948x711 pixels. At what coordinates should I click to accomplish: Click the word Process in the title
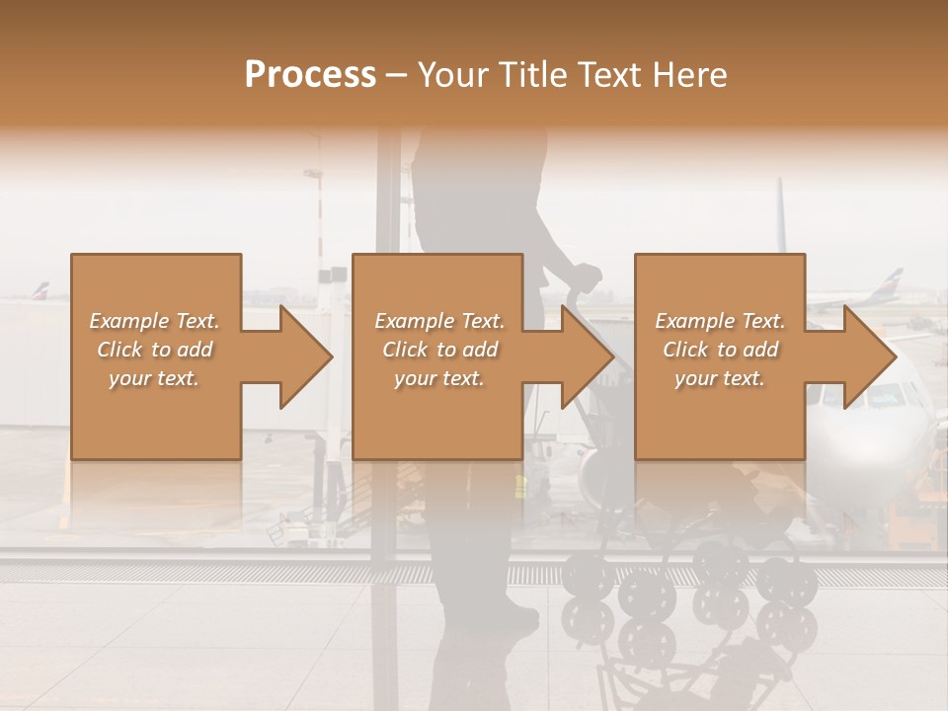(310, 74)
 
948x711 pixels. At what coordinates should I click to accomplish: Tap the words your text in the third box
(719, 378)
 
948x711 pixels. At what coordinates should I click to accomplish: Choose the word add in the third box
(759, 350)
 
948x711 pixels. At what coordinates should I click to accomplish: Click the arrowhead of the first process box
(306, 356)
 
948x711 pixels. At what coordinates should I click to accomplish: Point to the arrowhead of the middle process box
(589, 356)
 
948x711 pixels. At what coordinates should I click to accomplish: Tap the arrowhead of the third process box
(870, 356)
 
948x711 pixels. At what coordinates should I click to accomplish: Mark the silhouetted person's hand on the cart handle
(588, 277)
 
